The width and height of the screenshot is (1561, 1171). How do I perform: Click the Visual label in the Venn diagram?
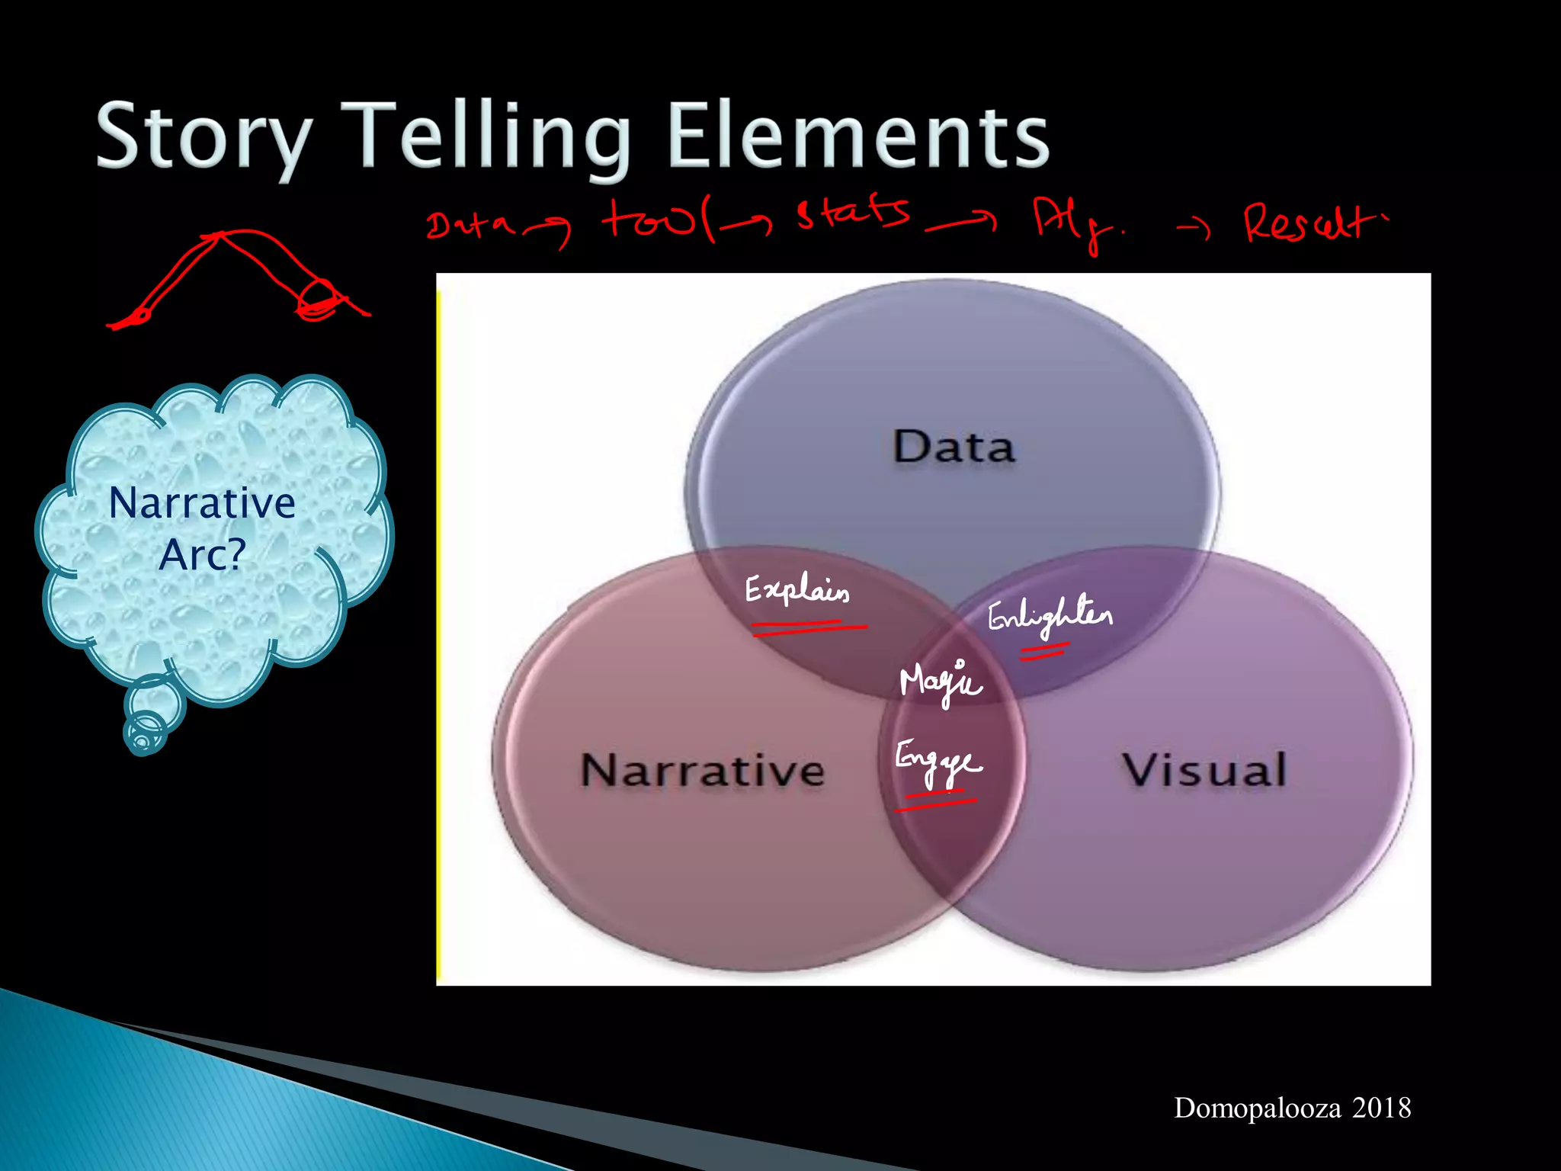click(x=1204, y=769)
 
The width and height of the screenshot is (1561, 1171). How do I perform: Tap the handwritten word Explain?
click(x=797, y=591)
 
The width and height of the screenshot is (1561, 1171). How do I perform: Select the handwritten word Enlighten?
click(x=1050, y=616)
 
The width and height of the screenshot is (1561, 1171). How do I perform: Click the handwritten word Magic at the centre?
click(x=941, y=681)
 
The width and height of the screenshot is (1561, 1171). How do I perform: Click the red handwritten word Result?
click(x=1313, y=223)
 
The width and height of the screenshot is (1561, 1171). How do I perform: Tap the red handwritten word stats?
click(x=853, y=213)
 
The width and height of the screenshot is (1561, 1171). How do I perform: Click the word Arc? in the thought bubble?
click(x=202, y=554)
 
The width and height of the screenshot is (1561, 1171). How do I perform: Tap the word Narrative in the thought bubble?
click(x=202, y=503)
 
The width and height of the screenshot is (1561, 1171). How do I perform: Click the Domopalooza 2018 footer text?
click(x=1292, y=1108)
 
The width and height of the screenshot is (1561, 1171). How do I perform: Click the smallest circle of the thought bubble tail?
click(x=143, y=739)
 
